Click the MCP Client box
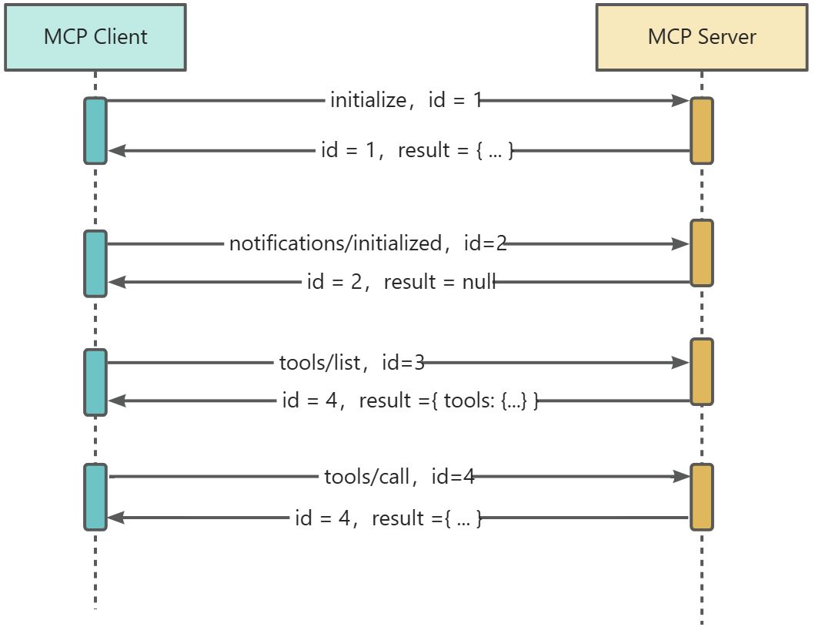[x=95, y=37]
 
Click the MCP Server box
[x=701, y=37]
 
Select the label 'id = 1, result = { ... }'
[x=416, y=150]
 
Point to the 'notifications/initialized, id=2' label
[x=368, y=244]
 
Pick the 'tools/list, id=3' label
[x=351, y=362]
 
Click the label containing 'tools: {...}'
[x=410, y=401]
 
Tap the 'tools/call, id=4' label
[x=399, y=477]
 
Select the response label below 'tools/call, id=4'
[x=388, y=518]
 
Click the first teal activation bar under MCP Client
[x=95, y=130]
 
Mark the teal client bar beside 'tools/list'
[x=95, y=382]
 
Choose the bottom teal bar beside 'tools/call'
[x=95, y=497]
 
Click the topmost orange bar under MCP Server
[x=701, y=130]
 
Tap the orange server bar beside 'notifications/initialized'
[x=701, y=253]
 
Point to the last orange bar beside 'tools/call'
[x=701, y=497]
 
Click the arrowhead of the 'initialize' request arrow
[x=680, y=100]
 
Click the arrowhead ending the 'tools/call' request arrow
[x=681, y=477]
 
